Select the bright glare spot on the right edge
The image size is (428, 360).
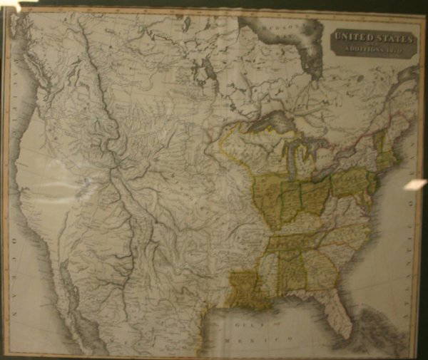[415, 185]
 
